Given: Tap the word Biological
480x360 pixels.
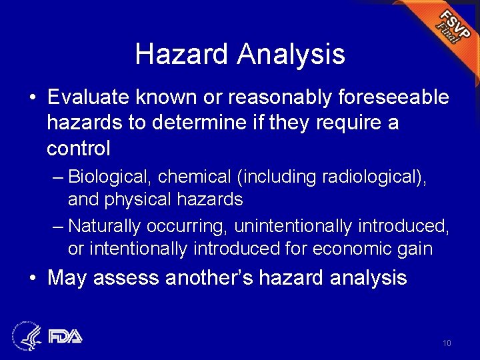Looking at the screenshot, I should [107, 177].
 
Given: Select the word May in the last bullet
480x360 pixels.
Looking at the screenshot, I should [67, 277].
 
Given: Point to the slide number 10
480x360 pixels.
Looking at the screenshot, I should [446, 343].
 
